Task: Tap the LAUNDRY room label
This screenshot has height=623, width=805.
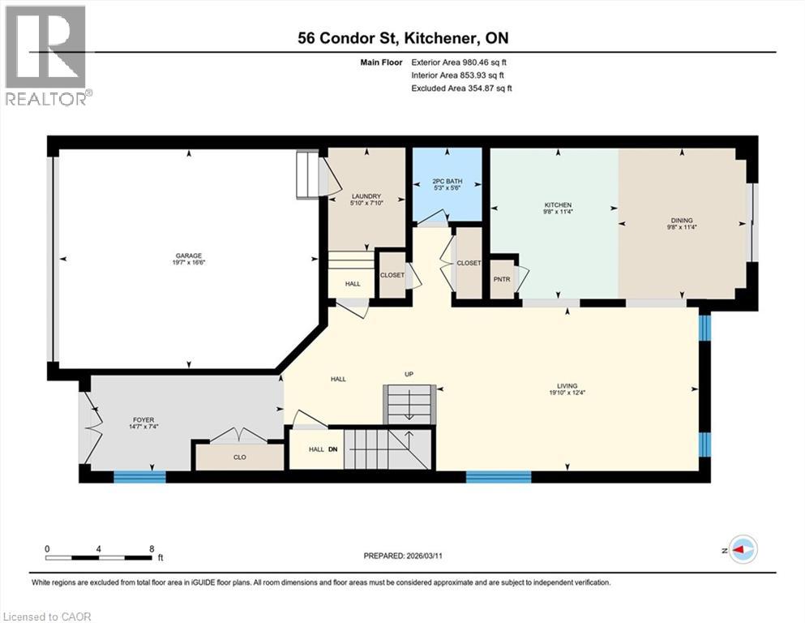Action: pos(366,195)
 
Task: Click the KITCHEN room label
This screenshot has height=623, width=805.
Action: pos(558,204)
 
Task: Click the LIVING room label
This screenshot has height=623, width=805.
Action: pos(567,386)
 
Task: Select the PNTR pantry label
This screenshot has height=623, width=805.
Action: pos(502,279)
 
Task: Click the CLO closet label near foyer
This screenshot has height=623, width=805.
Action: pos(239,458)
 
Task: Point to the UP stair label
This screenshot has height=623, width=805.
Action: pos(409,374)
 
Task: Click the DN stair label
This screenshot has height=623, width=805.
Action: pos(332,449)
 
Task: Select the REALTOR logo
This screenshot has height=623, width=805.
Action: pos(46,55)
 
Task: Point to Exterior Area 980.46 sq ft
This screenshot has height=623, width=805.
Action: pos(462,62)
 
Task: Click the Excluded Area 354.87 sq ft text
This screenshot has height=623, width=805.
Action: pos(462,88)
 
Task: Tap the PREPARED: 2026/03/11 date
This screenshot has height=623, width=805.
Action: pos(404,556)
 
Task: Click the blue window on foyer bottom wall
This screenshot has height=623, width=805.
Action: pos(134,476)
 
